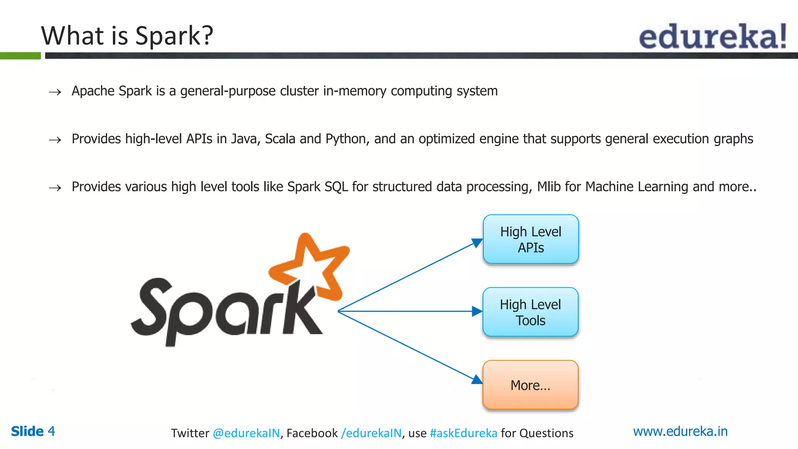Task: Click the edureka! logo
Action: (712, 36)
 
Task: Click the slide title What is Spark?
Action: (127, 36)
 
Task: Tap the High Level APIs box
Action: (531, 239)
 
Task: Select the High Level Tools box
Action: (530, 312)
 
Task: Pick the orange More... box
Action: (530, 385)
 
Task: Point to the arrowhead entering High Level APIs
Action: (477, 243)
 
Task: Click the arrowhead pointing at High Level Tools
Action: (477, 311)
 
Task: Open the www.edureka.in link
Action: (680, 431)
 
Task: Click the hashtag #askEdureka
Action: (463, 433)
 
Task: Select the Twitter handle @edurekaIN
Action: (246, 433)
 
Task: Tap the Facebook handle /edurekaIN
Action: (371, 433)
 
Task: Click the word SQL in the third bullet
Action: (336, 187)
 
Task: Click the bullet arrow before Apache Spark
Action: (55, 92)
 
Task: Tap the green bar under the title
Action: (20, 56)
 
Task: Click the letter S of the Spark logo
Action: (152, 308)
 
